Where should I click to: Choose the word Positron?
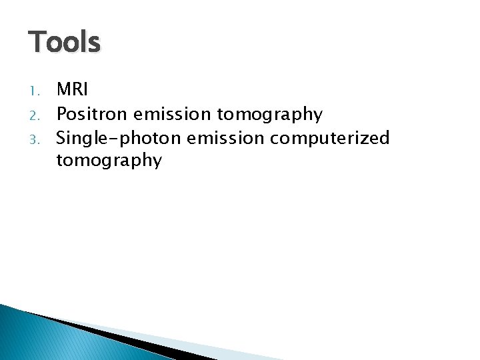pos(90,114)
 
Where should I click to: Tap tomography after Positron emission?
pos(270,115)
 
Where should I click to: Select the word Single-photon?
pos(118,138)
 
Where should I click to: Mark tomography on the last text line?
pos(109,161)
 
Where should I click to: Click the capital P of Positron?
pos(61,114)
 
